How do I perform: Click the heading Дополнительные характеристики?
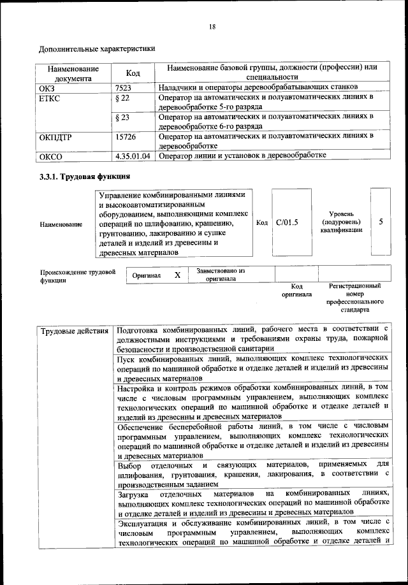(97, 48)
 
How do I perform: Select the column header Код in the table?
(133, 73)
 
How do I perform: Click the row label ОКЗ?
(48, 87)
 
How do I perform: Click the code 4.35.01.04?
(133, 155)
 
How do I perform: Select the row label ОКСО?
(52, 155)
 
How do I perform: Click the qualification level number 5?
(381, 222)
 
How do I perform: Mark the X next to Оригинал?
(178, 275)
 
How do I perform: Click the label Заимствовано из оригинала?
(221, 275)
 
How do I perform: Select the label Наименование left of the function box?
(61, 224)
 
